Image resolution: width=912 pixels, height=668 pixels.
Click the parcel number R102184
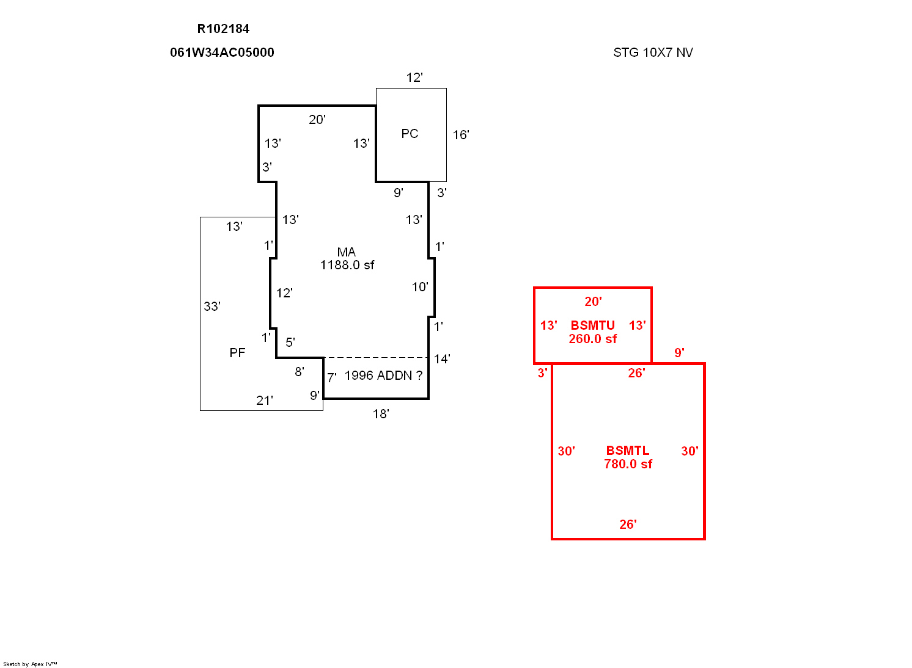[x=223, y=29]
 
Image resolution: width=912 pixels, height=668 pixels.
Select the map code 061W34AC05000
[x=222, y=52]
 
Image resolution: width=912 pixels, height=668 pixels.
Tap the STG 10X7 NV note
[x=653, y=52]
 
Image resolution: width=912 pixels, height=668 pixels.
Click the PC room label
[x=410, y=134]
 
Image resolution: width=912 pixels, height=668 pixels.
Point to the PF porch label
[x=237, y=352]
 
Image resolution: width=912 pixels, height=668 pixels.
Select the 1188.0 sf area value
[x=347, y=265]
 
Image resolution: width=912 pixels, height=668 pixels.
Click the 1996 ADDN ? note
[x=383, y=375]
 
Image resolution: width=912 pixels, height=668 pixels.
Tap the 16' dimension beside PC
[x=461, y=135]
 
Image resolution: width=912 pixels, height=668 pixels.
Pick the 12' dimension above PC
[x=414, y=78]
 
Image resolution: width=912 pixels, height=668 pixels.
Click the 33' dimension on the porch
[x=212, y=306]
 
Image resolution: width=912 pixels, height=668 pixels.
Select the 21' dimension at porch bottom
[x=265, y=401]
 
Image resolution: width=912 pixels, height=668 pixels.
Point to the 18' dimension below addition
[x=381, y=414]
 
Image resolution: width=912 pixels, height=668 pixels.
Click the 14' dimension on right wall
[x=442, y=359]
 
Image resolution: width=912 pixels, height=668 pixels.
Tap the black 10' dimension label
[x=420, y=287]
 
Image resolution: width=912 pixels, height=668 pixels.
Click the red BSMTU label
[x=593, y=325]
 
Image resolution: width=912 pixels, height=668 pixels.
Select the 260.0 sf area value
[x=593, y=338]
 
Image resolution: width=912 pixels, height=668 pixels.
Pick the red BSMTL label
[x=628, y=451]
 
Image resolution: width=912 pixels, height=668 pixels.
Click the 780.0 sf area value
[x=628, y=464]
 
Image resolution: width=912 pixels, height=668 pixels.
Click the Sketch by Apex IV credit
[x=30, y=664]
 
